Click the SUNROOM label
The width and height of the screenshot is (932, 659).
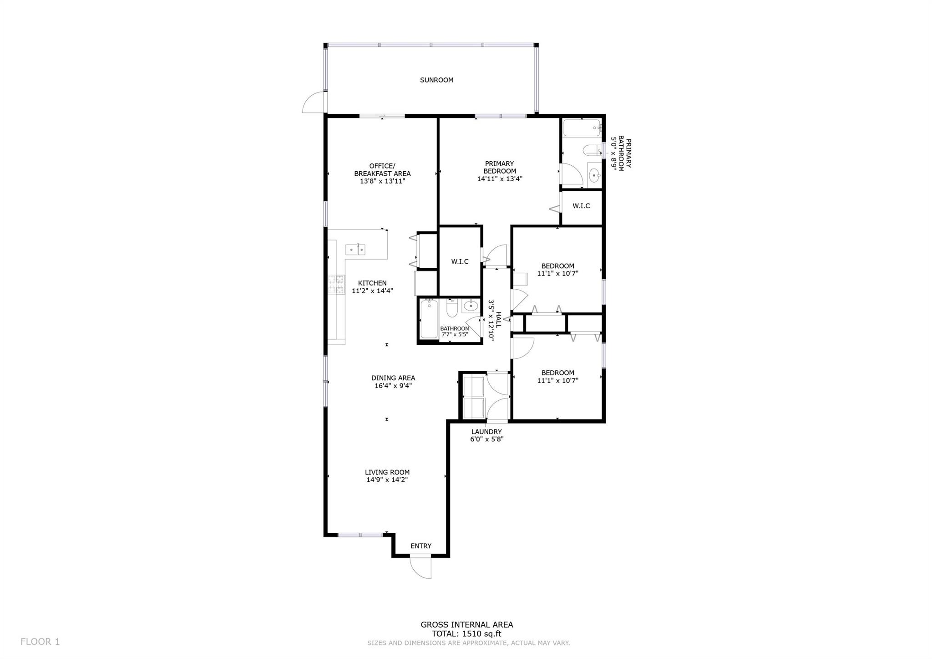[x=436, y=80]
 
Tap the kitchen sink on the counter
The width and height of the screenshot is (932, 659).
[x=355, y=250]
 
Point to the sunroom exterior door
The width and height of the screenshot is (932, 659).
[x=314, y=102]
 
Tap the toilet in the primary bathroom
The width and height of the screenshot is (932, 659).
[x=593, y=150]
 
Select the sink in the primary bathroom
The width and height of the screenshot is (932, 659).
[x=594, y=174]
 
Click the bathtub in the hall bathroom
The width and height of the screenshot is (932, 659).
[x=429, y=318]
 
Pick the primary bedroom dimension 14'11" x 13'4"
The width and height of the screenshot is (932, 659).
[x=499, y=179]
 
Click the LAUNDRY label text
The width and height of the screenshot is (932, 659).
[x=486, y=432]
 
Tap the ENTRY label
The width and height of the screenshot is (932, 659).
[x=421, y=546]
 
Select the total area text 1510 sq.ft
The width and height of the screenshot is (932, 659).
[x=482, y=633]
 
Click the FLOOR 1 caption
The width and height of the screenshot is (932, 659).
[x=40, y=642]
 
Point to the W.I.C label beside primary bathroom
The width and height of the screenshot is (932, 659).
[x=581, y=206]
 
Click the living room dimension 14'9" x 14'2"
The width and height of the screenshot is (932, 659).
[x=387, y=480]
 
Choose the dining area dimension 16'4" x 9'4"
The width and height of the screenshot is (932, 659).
[x=393, y=386]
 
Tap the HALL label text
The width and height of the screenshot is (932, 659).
[x=498, y=320]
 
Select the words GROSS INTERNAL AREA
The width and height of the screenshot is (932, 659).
[x=467, y=625]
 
